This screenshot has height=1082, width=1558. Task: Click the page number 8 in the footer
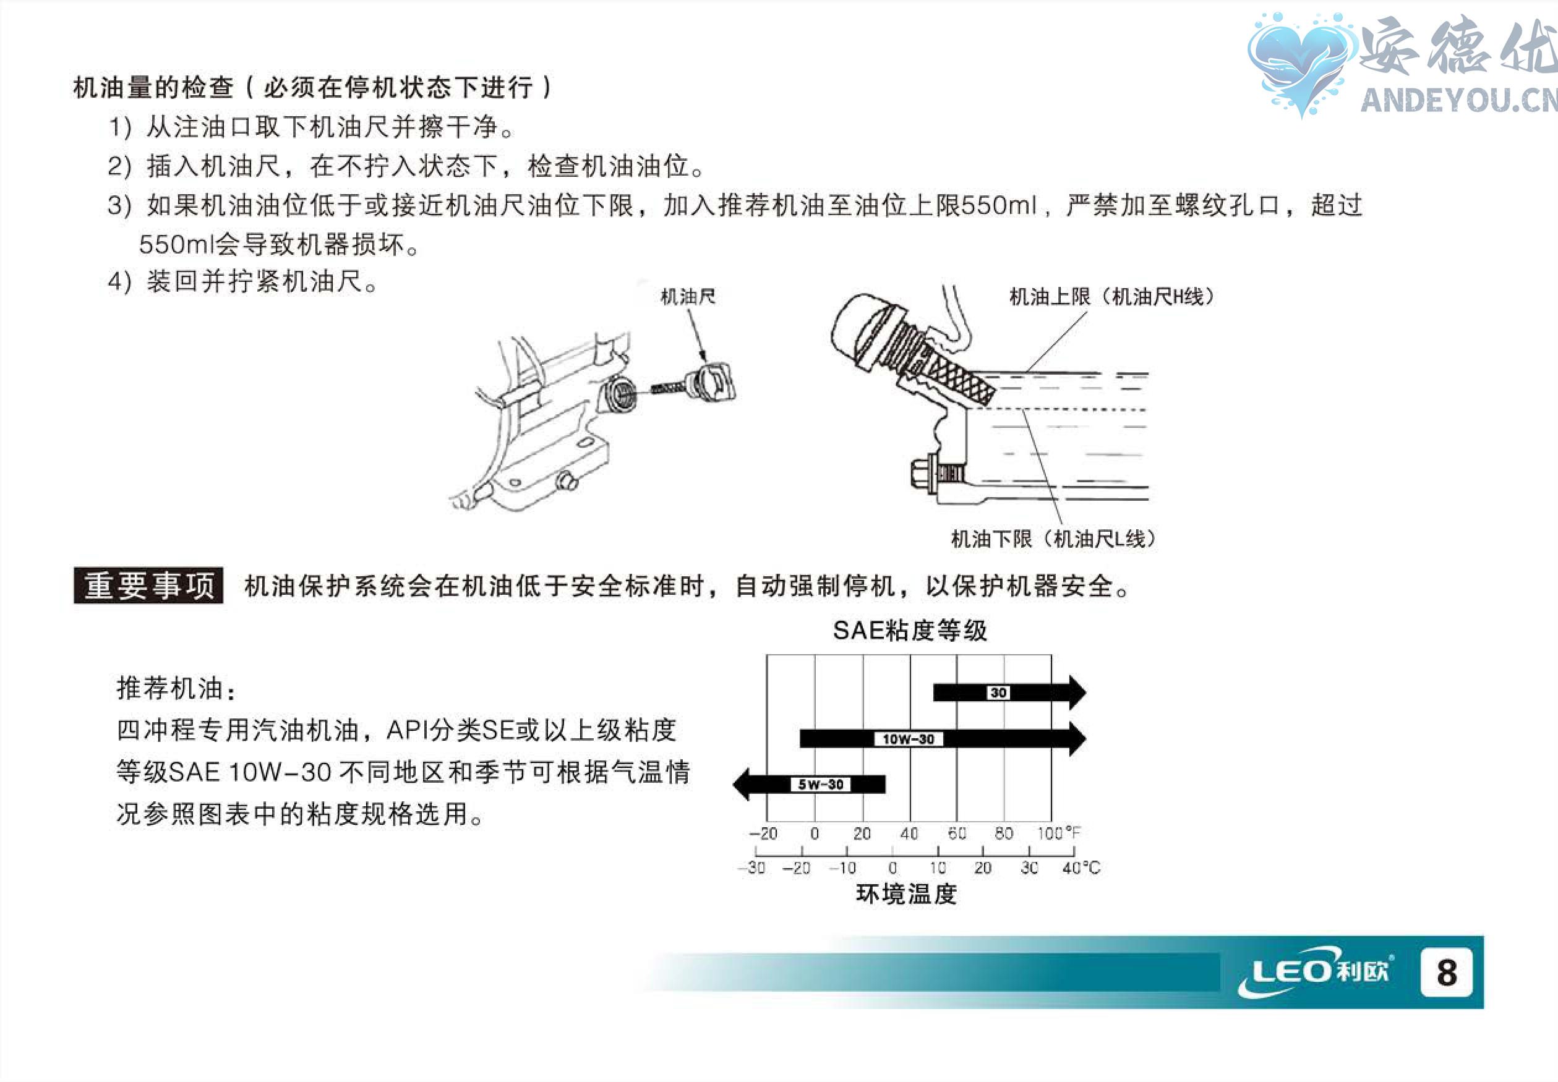1446,972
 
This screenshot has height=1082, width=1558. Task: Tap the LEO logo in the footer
1316,972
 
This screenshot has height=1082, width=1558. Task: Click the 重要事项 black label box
148,586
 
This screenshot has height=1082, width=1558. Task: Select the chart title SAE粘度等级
909,631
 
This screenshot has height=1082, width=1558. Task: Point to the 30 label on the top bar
998,692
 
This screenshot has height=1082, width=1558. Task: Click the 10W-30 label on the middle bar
908,739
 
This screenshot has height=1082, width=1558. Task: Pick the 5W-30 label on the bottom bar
820,785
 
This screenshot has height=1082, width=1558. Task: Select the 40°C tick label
1081,868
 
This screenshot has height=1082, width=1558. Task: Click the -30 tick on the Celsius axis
753,868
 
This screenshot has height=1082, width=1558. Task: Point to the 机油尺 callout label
688,296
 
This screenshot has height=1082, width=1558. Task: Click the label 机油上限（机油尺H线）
1111,296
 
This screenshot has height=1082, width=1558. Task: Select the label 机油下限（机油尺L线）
1053,539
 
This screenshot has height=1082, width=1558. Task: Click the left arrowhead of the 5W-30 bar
742,785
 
